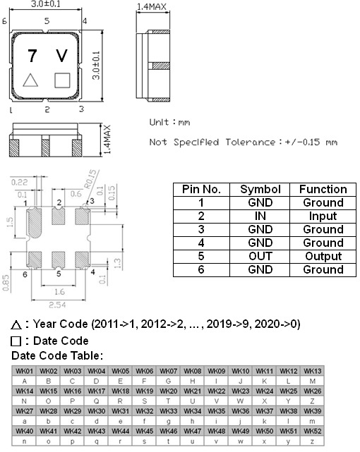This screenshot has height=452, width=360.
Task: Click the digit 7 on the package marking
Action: (32, 56)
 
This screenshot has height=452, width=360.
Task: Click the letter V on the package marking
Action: (62, 56)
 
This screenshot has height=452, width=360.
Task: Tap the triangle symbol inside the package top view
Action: (31, 80)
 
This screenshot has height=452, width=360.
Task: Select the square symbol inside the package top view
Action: (62, 80)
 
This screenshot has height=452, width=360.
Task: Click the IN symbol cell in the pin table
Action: (260, 216)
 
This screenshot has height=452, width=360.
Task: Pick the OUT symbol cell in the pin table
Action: (260, 256)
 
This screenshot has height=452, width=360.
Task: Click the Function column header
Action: (323, 189)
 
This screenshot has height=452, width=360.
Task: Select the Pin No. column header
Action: (202, 189)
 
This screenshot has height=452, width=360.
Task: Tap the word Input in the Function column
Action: (323, 216)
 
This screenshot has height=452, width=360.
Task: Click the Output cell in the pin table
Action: (323, 256)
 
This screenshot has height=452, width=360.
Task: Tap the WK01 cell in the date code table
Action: (25, 371)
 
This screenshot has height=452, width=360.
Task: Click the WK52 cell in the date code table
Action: (312, 431)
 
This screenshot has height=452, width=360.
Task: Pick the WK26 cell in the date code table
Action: (312, 391)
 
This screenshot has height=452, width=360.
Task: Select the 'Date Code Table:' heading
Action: (57, 355)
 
